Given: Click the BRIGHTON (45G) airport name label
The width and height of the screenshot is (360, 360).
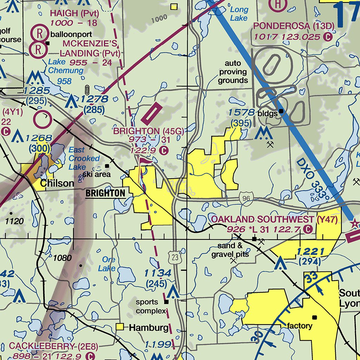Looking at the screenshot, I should coord(148,131).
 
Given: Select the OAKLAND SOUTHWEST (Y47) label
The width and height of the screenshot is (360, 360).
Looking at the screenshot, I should coord(274,220).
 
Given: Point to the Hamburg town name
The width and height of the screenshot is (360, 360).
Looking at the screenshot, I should coord(149,328).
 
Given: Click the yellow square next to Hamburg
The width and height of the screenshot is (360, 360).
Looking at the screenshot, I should coord(121,327).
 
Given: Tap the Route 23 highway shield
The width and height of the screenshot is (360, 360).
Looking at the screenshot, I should coord(175,258).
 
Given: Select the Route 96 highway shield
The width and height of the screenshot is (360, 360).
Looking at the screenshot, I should coord(246,199).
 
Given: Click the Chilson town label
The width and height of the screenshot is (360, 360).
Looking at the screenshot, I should coord(57,183).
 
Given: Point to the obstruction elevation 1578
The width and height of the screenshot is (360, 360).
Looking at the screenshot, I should coord(241,112).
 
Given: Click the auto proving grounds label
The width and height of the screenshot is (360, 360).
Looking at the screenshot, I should coord(233,72).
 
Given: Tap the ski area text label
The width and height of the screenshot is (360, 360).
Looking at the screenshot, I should coord(97,174).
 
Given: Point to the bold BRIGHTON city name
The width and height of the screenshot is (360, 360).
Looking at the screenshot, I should coord(105,193).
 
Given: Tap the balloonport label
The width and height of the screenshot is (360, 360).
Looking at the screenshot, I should coord(71,34).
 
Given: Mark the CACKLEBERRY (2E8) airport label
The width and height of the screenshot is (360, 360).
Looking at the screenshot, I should coord(42,346).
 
